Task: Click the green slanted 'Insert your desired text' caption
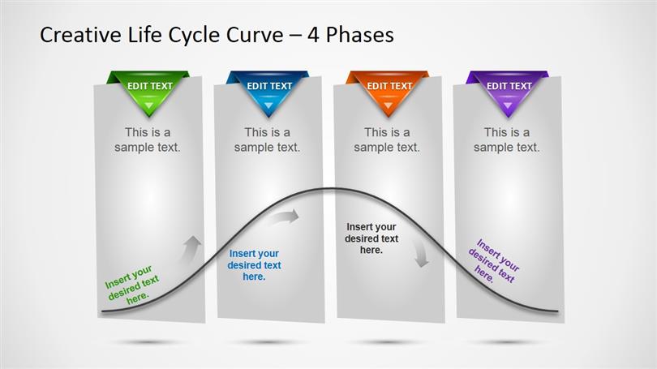[x=131, y=285]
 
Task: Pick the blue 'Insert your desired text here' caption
[x=254, y=265]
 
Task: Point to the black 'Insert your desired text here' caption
[x=371, y=238]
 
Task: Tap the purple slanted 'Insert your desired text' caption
[x=494, y=261]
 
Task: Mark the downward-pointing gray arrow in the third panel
[x=420, y=254]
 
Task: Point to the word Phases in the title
[x=360, y=35]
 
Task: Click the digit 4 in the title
[x=313, y=35]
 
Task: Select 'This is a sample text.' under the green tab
[x=148, y=139]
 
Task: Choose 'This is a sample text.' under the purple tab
[x=507, y=139]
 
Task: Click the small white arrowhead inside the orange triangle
[x=388, y=105]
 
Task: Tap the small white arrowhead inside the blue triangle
[x=268, y=105]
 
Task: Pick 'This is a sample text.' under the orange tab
[x=387, y=139]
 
